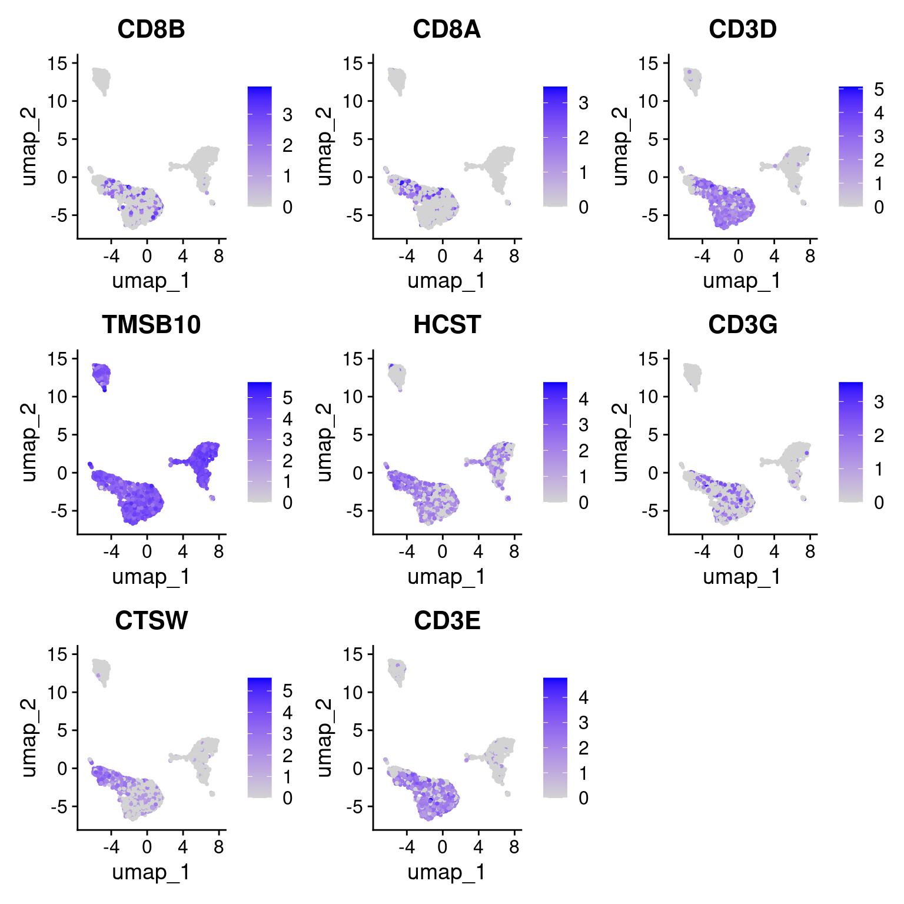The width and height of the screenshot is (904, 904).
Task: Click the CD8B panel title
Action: (x=151, y=29)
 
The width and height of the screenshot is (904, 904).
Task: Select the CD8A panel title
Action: (x=447, y=29)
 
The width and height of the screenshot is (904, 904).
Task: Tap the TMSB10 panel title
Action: (x=151, y=325)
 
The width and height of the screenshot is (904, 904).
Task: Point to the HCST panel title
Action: (x=447, y=325)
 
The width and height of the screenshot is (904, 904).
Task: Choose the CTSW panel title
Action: (x=151, y=621)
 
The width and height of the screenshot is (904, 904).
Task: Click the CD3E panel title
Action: (x=447, y=621)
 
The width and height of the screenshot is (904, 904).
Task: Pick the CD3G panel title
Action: (x=743, y=325)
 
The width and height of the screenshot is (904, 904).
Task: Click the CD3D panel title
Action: (x=743, y=29)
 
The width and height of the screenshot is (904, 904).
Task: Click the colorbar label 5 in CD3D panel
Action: (x=879, y=89)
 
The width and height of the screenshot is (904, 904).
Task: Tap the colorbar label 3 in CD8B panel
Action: (x=287, y=114)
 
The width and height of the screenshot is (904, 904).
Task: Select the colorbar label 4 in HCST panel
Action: (x=583, y=399)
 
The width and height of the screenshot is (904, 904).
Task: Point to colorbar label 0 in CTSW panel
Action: (x=287, y=798)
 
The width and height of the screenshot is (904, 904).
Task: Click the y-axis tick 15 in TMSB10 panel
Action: (x=58, y=358)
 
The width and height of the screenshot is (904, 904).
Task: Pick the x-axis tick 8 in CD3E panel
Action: (x=514, y=847)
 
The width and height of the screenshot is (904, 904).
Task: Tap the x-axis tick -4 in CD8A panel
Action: (x=407, y=256)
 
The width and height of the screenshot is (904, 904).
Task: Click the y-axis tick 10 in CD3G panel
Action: (x=648, y=397)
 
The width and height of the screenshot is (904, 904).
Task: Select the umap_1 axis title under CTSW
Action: (x=151, y=872)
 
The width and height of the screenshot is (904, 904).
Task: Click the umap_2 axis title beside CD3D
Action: (x=619, y=147)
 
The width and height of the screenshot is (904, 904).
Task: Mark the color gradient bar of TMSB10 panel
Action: (x=260, y=442)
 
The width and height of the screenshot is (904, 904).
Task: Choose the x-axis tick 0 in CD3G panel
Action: (x=738, y=551)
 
